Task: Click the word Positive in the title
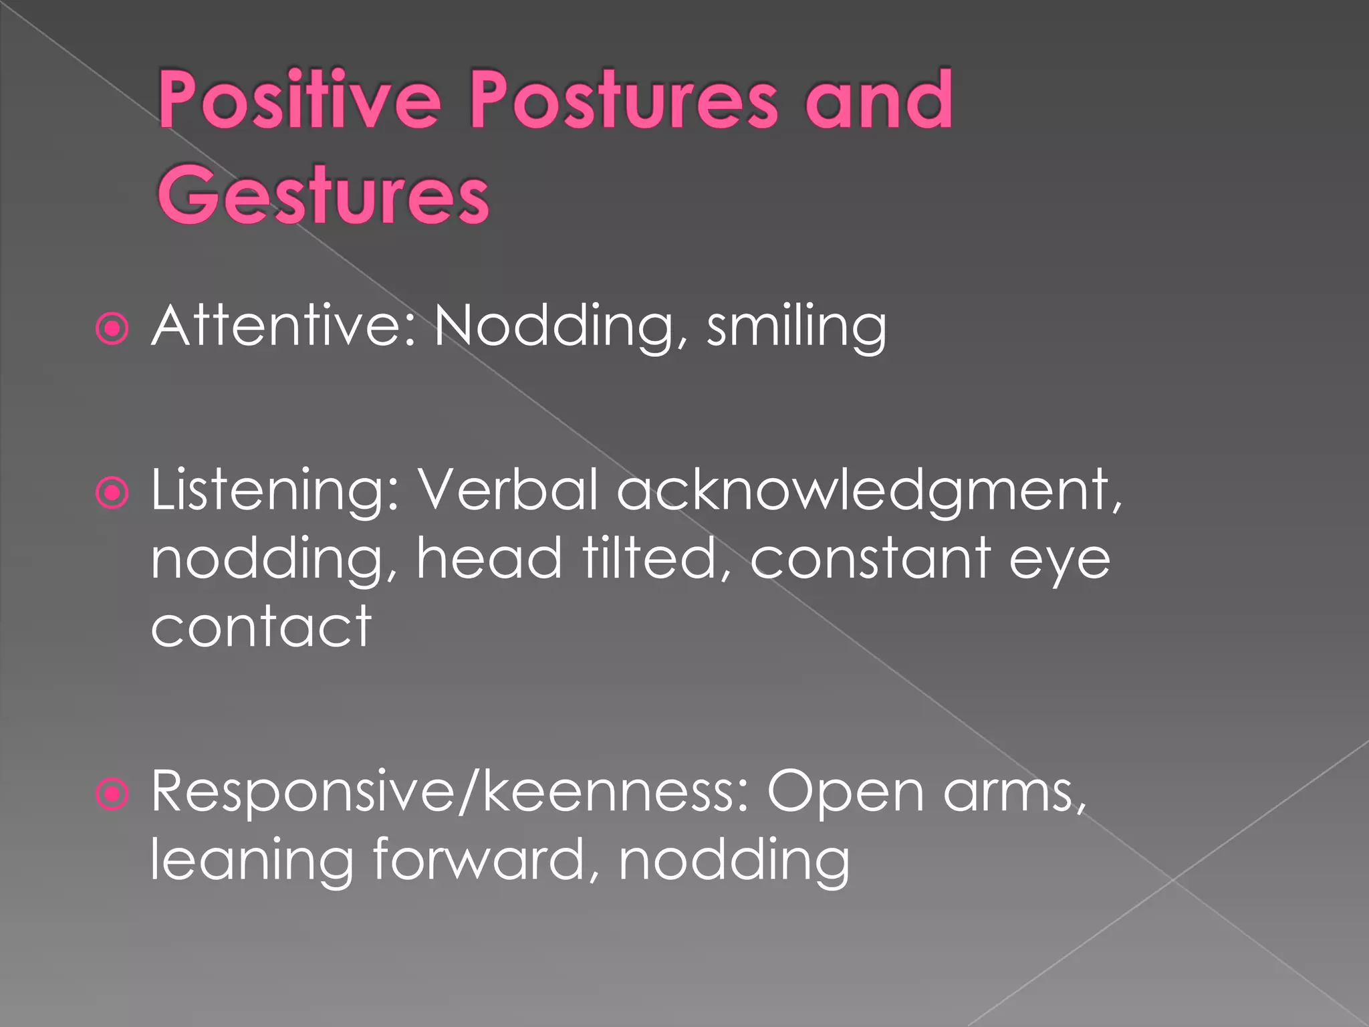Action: pyautogui.click(x=299, y=100)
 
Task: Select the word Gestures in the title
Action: pyautogui.click(x=324, y=195)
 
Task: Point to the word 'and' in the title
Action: pyautogui.click(x=879, y=100)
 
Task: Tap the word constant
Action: pyautogui.click(x=870, y=559)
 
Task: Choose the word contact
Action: pyautogui.click(x=261, y=627)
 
